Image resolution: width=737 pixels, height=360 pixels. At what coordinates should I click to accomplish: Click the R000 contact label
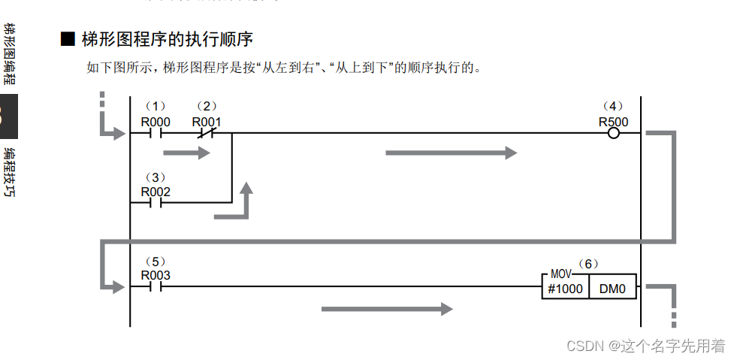pos(156,122)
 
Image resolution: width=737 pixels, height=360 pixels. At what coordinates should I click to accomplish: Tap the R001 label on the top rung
pos(207,122)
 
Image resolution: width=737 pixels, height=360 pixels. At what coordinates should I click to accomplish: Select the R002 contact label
pos(156,192)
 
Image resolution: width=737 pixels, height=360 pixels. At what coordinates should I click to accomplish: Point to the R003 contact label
pos(156,275)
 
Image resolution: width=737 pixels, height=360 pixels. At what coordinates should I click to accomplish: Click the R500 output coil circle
pos(613,134)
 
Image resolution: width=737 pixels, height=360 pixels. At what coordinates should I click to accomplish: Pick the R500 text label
pos(613,122)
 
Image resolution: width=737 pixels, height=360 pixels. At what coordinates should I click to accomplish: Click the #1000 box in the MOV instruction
pos(565,288)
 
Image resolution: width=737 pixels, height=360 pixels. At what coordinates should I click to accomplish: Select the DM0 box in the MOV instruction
pos(612,288)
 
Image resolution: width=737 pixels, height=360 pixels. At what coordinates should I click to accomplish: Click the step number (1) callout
pos(156,107)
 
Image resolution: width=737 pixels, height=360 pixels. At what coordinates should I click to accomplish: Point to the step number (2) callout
pos(207,107)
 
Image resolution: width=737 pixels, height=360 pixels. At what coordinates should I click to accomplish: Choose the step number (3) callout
pos(156,177)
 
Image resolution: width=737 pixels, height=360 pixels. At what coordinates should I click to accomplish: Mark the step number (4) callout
pos(613,107)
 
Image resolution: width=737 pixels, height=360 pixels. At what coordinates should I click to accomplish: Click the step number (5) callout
pos(156,261)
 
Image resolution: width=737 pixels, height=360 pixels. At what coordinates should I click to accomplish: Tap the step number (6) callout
pos(588,264)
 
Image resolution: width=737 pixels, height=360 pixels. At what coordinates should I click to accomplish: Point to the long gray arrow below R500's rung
pos(451,153)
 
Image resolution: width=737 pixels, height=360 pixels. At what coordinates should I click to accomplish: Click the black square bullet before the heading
pos(68,39)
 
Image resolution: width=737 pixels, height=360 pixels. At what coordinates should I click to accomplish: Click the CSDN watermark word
pos(585,346)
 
